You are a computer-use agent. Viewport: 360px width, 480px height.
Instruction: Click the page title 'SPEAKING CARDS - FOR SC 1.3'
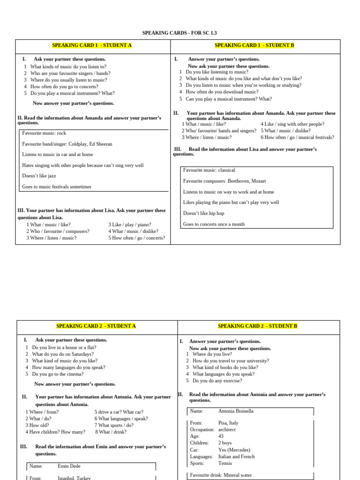pyautogui.click(x=180, y=33)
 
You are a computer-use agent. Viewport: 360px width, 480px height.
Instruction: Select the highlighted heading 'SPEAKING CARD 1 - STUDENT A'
pyautogui.click(x=92, y=45)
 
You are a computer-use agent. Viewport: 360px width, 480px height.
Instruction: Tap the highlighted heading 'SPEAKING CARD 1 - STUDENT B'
pyautogui.click(x=254, y=45)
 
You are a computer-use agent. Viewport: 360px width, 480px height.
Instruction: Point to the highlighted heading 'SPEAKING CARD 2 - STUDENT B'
pyautogui.click(x=257, y=326)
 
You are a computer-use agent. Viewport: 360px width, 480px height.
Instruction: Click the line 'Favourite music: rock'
pyautogui.click(x=45, y=133)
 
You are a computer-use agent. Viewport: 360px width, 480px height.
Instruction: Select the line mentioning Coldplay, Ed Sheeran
pyautogui.click(x=67, y=144)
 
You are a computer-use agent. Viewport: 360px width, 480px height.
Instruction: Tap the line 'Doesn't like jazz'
pyautogui.click(x=40, y=176)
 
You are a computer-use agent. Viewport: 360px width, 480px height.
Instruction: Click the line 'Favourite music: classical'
pyautogui.click(x=209, y=170)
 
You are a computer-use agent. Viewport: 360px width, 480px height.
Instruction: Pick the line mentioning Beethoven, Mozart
pyautogui.click(x=225, y=181)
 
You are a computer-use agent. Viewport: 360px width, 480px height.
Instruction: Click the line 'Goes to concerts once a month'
pyautogui.click(x=214, y=224)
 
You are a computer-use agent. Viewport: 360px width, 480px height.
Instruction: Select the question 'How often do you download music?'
pyautogui.click(x=222, y=92)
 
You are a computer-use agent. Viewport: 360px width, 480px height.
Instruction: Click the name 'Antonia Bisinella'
pyautogui.click(x=236, y=411)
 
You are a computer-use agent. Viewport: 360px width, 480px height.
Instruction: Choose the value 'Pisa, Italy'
pyautogui.click(x=228, y=423)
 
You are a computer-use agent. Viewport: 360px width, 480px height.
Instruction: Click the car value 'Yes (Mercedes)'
pyautogui.click(x=234, y=450)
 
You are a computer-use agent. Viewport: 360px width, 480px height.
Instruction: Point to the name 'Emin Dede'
pyautogui.click(x=68, y=466)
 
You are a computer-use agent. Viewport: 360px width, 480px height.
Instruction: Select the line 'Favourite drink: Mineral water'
pyautogui.click(x=221, y=475)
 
